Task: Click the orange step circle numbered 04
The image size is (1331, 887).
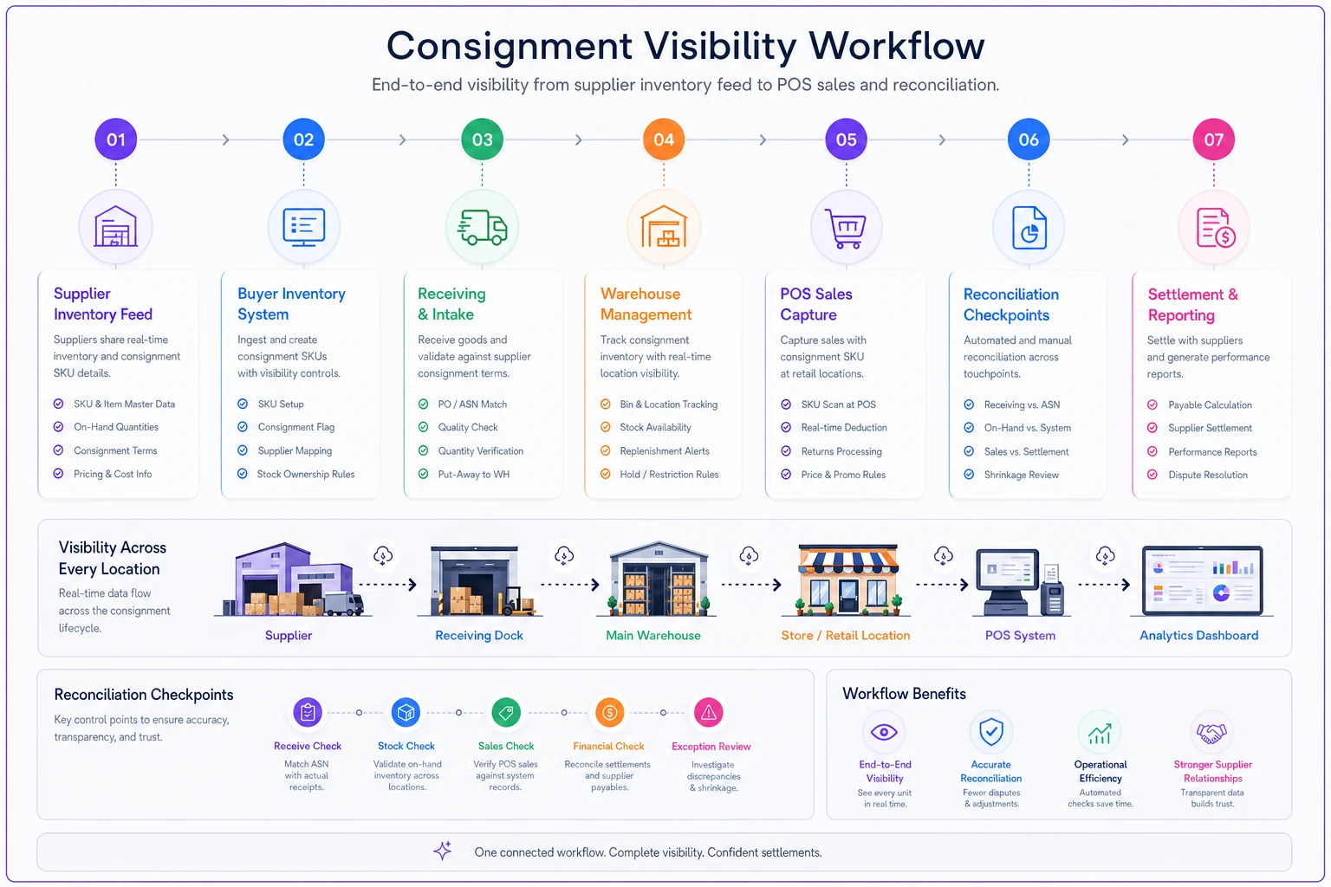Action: [663, 139]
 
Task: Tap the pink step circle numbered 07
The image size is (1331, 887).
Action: [1213, 139]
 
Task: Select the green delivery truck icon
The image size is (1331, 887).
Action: [482, 227]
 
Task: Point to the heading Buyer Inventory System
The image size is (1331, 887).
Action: [291, 303]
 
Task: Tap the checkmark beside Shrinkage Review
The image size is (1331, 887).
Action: [969, 475]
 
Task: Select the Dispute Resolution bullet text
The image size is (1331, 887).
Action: [1207, 475]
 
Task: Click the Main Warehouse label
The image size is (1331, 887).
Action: [653, 635]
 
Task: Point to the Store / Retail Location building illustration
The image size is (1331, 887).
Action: [847, 579]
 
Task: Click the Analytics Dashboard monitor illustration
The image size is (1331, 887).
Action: [1202, 581]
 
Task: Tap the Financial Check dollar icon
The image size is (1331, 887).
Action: [609, 712]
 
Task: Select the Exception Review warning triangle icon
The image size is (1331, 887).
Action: [708, 712]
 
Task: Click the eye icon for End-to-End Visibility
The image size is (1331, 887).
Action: [884, 732]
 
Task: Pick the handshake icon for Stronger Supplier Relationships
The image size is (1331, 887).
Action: [1211, 733]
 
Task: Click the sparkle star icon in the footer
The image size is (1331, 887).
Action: [443, 851]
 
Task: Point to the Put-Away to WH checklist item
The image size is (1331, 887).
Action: [474, 474]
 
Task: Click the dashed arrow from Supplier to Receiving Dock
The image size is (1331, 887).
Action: [388, 585]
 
